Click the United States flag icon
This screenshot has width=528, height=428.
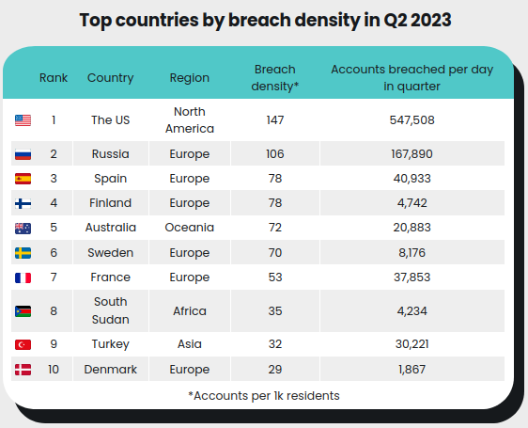click(x=23, y=120)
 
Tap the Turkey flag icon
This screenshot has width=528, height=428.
click(x=23, y=344)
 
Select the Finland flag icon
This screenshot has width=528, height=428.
click(x=23, y=203)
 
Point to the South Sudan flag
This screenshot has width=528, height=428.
click(x=23, y=311)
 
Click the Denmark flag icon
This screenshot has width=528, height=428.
click(x=23, y=370)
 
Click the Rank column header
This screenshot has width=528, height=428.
click(x=54, y=78)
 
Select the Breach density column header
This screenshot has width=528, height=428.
click(x=274, y=78)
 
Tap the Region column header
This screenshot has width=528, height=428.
click(x=190, y=78)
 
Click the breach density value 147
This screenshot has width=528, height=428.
click(x=275, y=120)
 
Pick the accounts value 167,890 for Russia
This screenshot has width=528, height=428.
click(x=412, y=154)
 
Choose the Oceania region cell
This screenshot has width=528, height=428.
click(x=190, y=228)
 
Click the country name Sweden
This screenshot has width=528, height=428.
click(x=111, y=253)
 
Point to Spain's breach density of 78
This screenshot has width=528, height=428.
click(x=275, y=179)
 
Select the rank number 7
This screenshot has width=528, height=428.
click(x=54, y=277)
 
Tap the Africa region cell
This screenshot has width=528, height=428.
click(x=190, y=311)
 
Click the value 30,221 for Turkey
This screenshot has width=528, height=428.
click(x=412, y=344)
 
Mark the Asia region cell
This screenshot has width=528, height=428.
click(x=190, y=344)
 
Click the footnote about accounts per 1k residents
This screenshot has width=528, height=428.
click(x=264, y=396)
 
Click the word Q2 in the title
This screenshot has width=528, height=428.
click(x=395, y=21)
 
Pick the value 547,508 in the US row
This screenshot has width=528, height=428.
click(x=412, y=120)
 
